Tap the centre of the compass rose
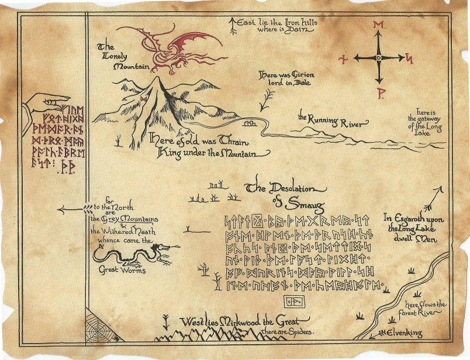pos(379,58)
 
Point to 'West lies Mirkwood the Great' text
pos(244,321)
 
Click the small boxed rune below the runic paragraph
pos(292,302)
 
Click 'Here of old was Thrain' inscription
pos(208,146)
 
